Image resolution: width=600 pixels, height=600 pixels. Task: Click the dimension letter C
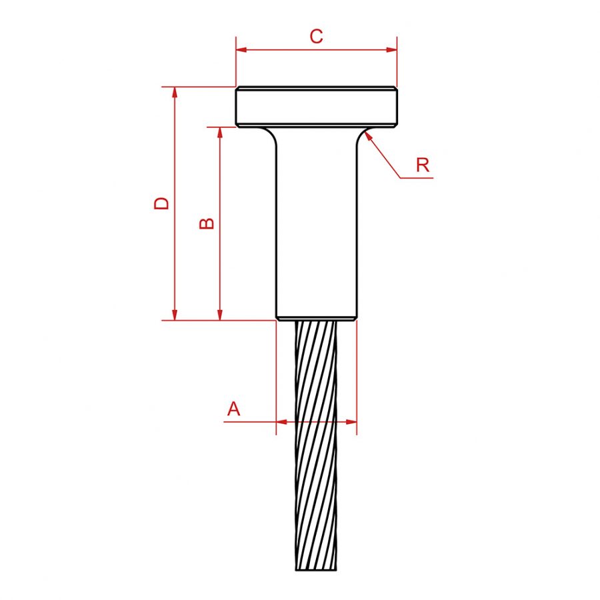click(x=316, y=37)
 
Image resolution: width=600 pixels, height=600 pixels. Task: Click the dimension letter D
click(x=162, y=203)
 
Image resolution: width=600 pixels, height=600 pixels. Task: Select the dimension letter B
click(x=207, y=223)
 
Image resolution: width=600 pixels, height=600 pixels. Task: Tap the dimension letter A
click(x=233, y=409)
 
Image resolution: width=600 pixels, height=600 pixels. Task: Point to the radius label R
click(x=423, y=165)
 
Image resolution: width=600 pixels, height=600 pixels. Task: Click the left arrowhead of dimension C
click(x=241, y=49)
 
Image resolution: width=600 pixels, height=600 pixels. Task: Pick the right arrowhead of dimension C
click(x=391, y=49)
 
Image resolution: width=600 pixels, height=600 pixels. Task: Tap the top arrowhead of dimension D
click(x=175, y=93)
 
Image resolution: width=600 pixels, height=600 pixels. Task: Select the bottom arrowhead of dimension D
click(x=175, y=315)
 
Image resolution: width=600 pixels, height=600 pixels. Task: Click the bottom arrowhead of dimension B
click(x=220, y=315)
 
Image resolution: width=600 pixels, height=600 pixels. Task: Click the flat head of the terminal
click(x=316, y=107)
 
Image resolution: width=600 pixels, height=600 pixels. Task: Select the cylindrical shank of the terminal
click(x=316, y=220)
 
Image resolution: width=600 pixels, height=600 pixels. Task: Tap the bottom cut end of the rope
click(x=316, y=568)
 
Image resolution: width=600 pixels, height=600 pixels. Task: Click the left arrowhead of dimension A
click(x=281, y=421)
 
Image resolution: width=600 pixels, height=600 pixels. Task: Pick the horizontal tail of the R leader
click(x=416, y=178)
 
